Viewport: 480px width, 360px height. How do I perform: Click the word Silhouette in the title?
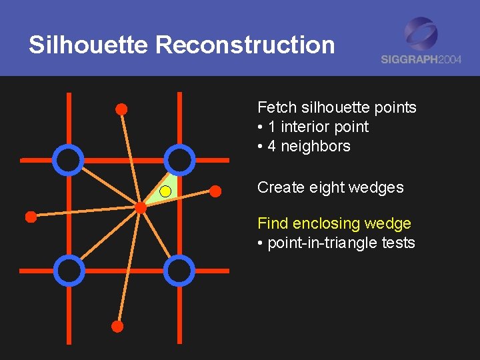pyautogui.click(x=89, y=45)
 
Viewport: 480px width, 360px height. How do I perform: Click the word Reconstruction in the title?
pyautogui.click(x=245, y=45)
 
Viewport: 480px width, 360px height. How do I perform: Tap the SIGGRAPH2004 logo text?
pyautogui.click(x=421, y=59)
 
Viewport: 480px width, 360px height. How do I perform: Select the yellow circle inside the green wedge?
pyautogui.click(x=165, y=192)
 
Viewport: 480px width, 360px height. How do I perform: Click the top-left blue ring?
pyautogui.click(x=68, y=159)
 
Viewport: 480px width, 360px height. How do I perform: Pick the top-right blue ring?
pyautogui.click(x=179, y=159)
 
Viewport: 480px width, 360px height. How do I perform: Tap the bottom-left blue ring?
pyautogui.click(x=68, y=270)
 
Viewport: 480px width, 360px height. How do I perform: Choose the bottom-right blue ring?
pyautogui.click(x=179, y=270)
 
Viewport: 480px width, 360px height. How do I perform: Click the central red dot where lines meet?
pyautogui.click(x=141, y=207)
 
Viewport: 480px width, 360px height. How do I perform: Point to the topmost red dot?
pyautogui.click(x=121, y=109)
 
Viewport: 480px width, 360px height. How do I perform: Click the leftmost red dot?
pyautogui.click(x=31, y=216)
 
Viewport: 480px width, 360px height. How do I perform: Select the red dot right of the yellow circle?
pyautogui.click(x=215, y=191)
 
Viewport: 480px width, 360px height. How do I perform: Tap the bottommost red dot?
pyautogui.click(x=117, y=327)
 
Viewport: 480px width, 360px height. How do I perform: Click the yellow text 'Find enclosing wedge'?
pyautogui.click(x=334, y=223)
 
